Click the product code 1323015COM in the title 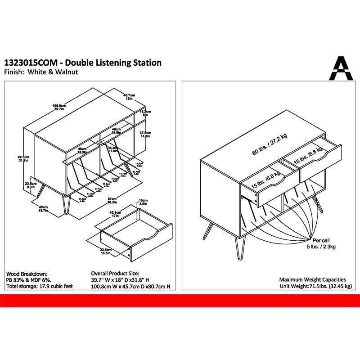coord(30,63)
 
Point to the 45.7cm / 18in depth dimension coord(130,97)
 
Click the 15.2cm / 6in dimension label coord(145,113)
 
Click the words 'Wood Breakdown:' coord(27,274)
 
